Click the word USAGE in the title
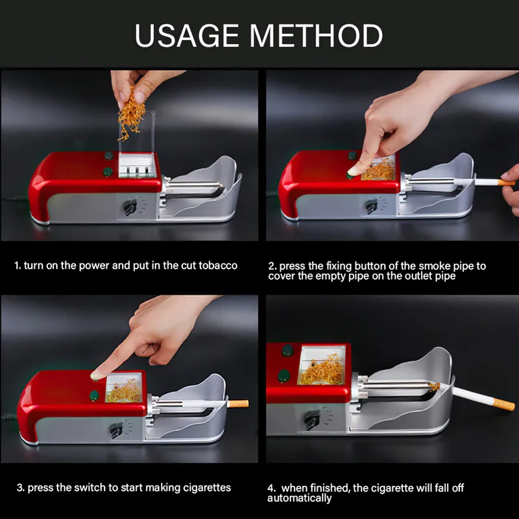pos(187,36)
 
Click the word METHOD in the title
pos(317,36)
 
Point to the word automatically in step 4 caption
pos(299,498)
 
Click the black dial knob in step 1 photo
pos(130,207)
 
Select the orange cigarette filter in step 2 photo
pos(507,182)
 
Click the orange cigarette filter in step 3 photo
pos(238,404)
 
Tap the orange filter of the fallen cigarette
pos(503,404)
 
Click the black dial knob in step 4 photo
pos(313,420)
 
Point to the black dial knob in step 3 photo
pos(116,430)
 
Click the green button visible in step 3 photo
pos(94,395)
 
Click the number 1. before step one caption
pos(18,265)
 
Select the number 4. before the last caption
pos(271,488)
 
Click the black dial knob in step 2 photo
pos(371,206)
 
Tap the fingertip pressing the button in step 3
pos(96,375)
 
